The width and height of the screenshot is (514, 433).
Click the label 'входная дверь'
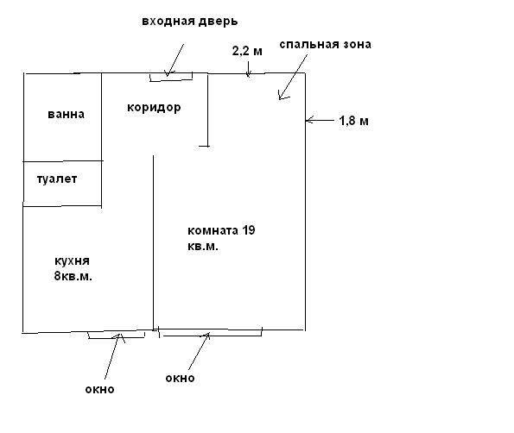click(x=190, y=22)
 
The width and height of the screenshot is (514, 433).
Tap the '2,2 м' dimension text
click(x=247, y=51)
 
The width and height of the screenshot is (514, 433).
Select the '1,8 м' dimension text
click(x=353, y=121)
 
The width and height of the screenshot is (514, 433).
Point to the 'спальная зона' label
click(x=325, y=45)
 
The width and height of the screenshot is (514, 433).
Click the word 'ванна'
click(x=67, y=114)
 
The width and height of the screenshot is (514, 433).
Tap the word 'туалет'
click(x=57, y=179)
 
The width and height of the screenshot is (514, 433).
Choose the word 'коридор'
click(x=154, y=107)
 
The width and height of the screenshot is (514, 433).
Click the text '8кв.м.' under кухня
click(x=73, y=277)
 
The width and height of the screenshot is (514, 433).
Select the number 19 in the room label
click(x=249, y=230)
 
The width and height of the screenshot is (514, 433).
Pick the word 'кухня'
click(x=72, y=261)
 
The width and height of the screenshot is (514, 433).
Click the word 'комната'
click(x=213, y=231)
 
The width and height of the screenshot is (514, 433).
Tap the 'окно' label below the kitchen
click(x=99, y=390)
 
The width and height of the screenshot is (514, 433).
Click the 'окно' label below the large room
click(x=180, y=379)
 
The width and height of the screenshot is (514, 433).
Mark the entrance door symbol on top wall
click(x=171, y=77)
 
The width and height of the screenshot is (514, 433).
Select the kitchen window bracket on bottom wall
click(x=117, y=335)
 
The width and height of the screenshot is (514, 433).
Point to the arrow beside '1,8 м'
click(x=320, y=121)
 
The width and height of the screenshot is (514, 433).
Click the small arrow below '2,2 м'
click(x=248, y=69)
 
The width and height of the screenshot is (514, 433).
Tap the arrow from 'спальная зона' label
click(x=293, y=78)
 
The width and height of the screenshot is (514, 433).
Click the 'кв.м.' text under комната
click(x=203, y=247)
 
